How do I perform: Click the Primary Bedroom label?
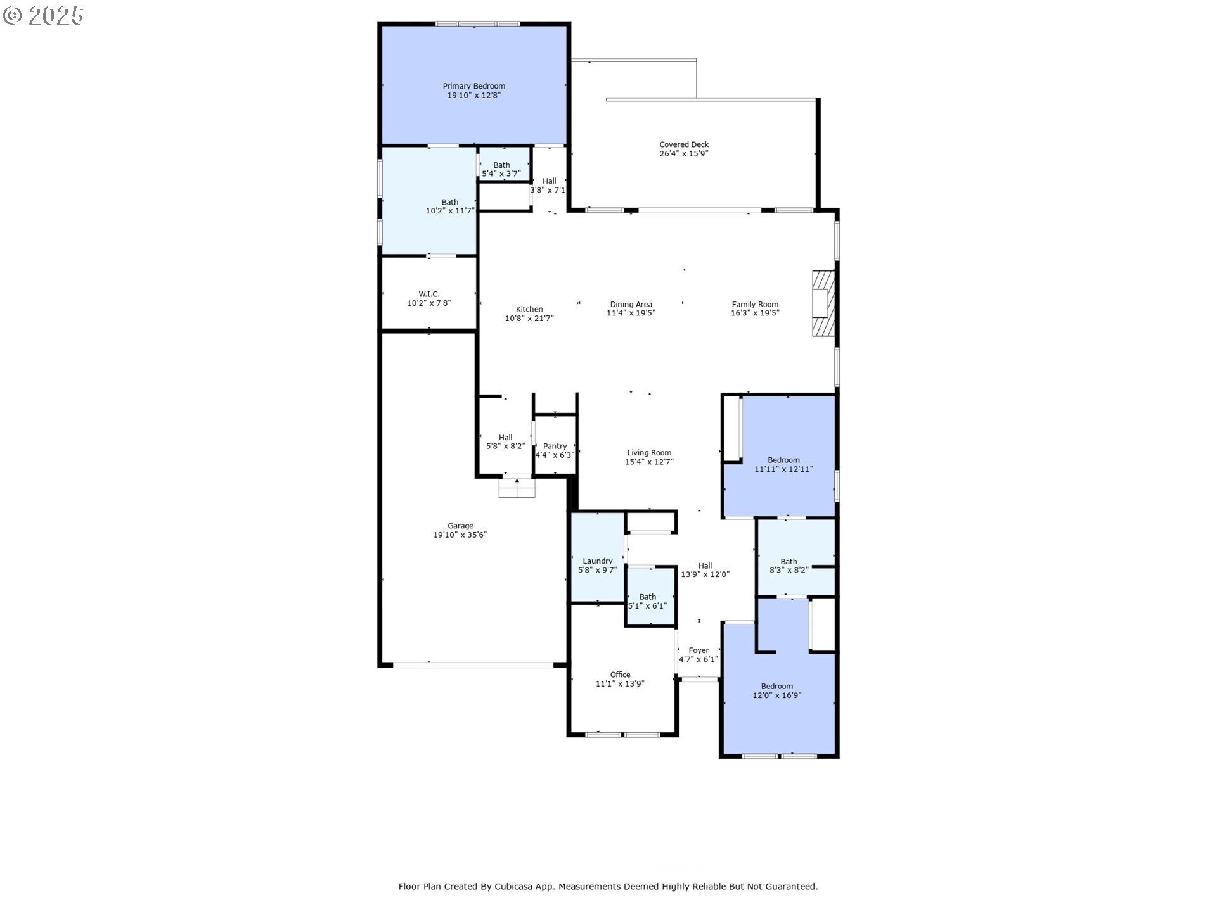point(473,86)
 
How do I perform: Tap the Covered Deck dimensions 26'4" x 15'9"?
point(683,153)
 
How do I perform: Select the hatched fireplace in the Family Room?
point(823,303)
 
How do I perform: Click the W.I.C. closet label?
point(429,294)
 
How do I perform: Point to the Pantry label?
point(555,446)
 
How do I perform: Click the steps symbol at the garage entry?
point(517,488)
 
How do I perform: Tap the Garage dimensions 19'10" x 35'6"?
point(460,535)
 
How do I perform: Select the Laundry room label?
point(597,560)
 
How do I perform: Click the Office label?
point(620,674)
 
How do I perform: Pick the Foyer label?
point(699,650)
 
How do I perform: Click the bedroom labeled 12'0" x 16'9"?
point(776,690)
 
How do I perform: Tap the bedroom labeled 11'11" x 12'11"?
point(783,464)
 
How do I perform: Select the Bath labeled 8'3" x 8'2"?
point(789,566)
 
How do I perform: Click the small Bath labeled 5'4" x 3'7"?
point(501,169)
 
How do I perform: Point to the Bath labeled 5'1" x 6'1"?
point(647,601)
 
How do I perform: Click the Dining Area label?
point(631,304)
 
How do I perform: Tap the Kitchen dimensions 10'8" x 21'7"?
point(529,319)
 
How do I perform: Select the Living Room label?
point(649,452)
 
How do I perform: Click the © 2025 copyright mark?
point(43,16)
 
